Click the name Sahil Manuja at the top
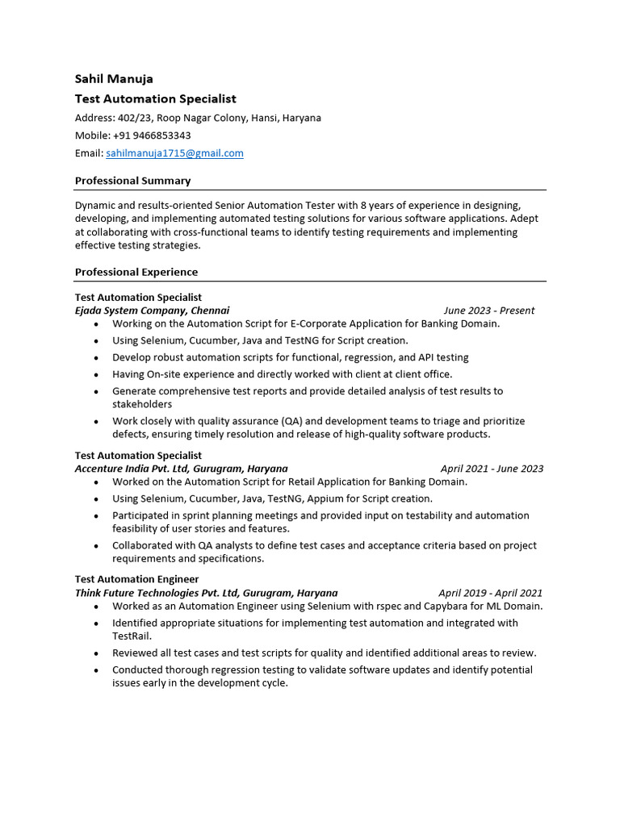pos(114,79)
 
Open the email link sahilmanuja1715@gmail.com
pos(174,153)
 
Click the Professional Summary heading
pos(132,181)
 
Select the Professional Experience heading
pos(136,273)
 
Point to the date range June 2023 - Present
pos(488,311)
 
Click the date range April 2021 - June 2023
pos(492,469)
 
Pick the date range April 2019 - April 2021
pos(490,593)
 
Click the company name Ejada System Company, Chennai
pos(152,311)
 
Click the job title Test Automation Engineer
pos(136,579)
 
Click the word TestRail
pos(132,636)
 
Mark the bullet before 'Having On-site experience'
pos(96,375)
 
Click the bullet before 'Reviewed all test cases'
pos(96,653)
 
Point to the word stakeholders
pos(142,404)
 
